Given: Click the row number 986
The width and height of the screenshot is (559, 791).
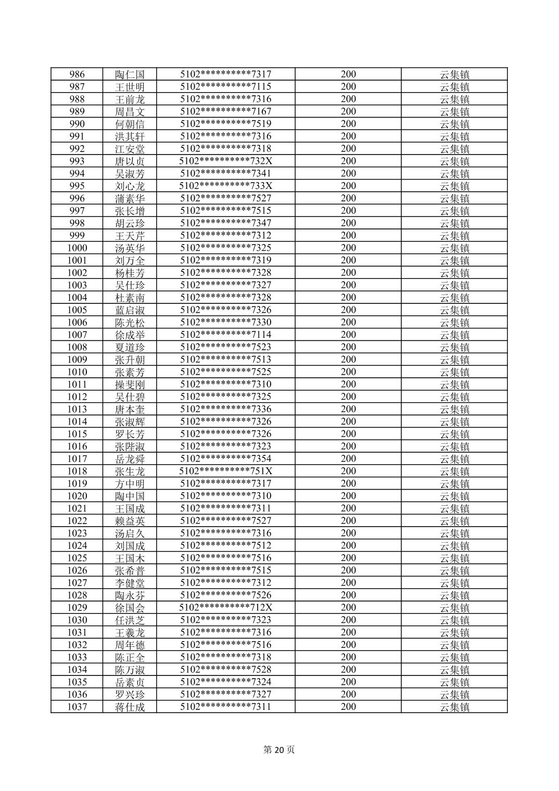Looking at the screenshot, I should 77,74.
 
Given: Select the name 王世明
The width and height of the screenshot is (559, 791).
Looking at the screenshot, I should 130,87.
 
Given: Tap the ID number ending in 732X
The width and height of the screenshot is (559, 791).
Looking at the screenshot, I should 225,161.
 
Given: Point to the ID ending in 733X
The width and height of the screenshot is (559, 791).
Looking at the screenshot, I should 225,186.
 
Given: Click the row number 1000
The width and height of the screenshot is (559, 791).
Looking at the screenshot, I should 77,248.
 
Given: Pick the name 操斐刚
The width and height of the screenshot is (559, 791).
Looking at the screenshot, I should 130,385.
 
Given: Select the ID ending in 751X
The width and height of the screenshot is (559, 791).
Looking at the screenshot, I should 225,471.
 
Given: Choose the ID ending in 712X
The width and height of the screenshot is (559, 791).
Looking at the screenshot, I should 225,608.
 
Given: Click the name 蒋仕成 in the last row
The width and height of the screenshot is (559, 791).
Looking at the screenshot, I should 130,707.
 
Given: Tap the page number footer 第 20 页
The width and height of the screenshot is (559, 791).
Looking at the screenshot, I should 279,750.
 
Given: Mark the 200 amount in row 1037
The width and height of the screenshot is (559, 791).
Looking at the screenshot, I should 348,707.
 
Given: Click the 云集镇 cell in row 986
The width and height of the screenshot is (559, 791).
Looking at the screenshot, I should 454,74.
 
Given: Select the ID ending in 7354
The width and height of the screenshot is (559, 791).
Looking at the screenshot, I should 225,459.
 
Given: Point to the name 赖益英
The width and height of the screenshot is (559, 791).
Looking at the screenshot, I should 130,521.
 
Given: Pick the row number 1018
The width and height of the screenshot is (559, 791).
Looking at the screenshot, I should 77,471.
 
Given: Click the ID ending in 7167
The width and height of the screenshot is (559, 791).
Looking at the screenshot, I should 225,111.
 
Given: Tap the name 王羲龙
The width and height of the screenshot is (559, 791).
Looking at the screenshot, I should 130,633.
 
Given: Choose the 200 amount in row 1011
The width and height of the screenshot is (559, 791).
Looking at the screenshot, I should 348,385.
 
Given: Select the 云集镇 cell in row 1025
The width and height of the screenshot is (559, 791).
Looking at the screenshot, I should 454,558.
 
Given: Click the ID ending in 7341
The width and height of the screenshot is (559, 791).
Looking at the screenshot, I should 225,174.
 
